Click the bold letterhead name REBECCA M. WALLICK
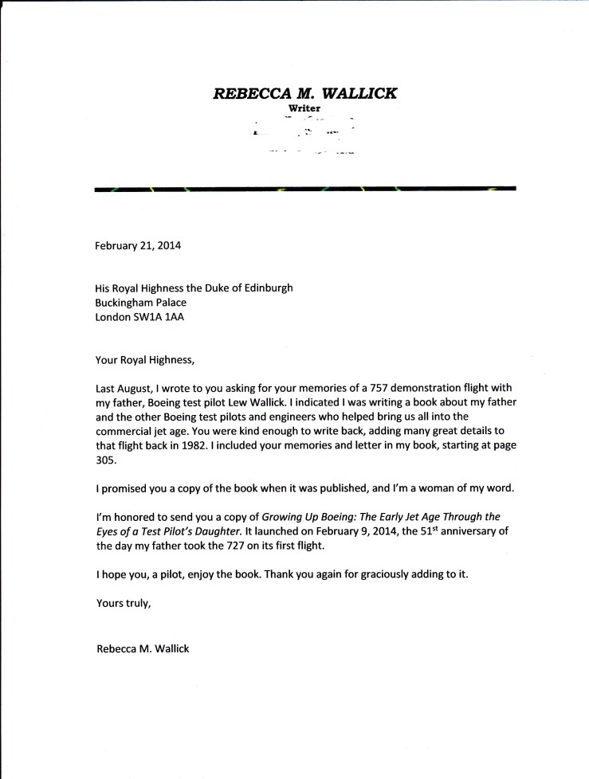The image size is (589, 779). click(x=305, y=93)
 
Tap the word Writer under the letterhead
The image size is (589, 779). click(x=305, y=108)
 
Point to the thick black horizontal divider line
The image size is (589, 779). click(x=305, y=190)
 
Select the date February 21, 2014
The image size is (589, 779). click(x=138, y=245)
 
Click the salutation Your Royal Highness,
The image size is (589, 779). click(x=143, y=359)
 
